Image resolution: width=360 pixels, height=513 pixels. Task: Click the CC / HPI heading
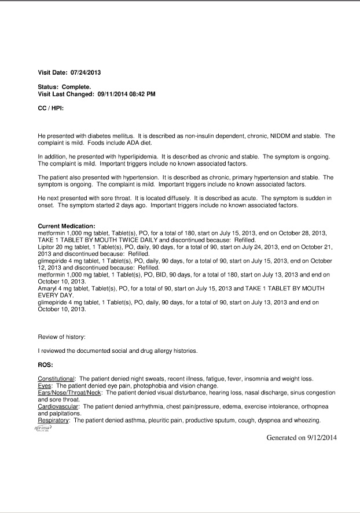tap(51, 108)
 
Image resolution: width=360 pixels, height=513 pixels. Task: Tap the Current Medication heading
tap(67, 226)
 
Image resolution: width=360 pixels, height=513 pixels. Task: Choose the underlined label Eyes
tap(45, 386)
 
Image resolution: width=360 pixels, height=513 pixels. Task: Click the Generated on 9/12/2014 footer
tap(302, 438)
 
